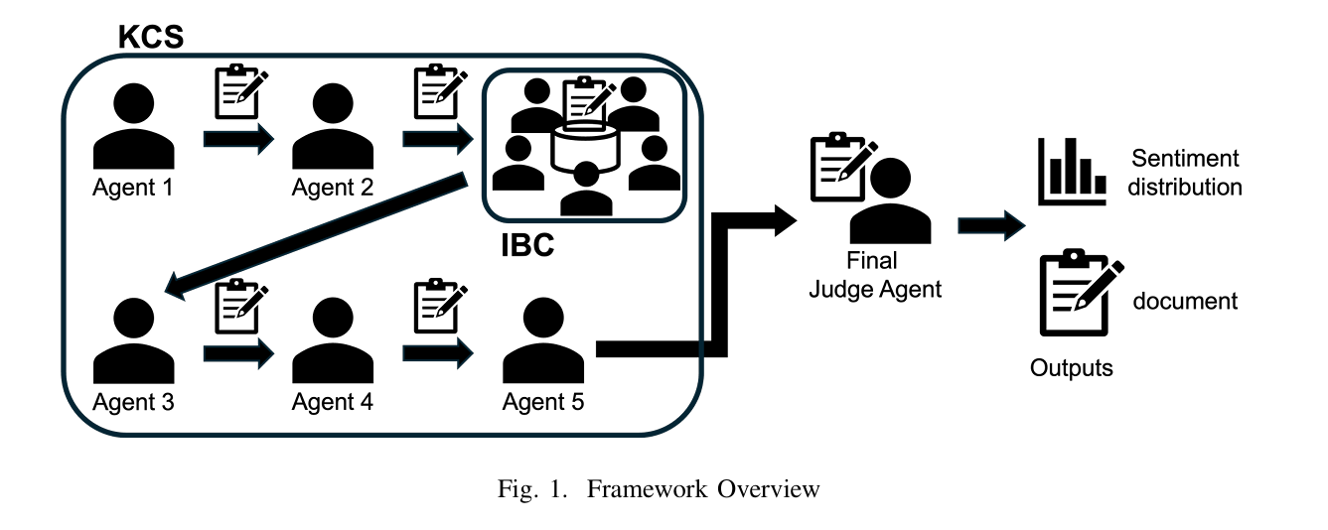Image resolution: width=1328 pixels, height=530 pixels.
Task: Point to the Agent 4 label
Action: click(333, 402)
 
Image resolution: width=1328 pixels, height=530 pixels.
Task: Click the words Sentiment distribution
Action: click(1185, 172)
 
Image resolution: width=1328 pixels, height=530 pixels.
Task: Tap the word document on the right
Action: click(1185, 301)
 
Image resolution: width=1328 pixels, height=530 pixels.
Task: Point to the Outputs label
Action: click(1072, 368)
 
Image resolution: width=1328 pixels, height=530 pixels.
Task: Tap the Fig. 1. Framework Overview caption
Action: click(660, 489)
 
